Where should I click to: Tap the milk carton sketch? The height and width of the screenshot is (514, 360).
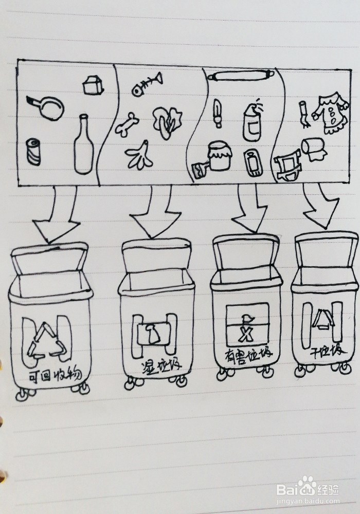point(93,85)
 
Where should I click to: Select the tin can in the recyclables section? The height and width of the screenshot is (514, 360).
point(34,152)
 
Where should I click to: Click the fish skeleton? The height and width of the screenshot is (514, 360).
point(146,85)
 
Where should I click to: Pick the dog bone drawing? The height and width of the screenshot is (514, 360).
point(127,124)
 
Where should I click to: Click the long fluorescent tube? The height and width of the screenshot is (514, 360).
point(239,77)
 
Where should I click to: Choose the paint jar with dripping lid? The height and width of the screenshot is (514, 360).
point(220,156)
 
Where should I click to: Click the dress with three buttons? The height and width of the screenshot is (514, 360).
point(330,113)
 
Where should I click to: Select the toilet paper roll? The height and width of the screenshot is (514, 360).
point(313,148)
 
